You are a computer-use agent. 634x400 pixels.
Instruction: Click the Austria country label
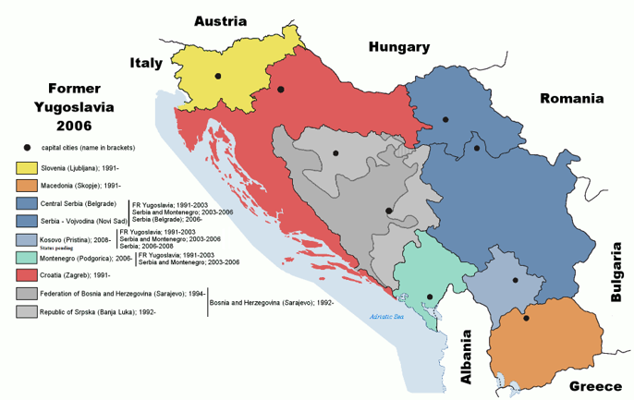220,20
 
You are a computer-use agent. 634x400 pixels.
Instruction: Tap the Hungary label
399,47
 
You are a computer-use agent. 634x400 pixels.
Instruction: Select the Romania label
571,98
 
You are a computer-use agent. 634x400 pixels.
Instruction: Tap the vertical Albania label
467,357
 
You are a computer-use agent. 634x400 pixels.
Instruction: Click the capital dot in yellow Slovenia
218,76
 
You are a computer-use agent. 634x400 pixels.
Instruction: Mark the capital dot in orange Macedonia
526,319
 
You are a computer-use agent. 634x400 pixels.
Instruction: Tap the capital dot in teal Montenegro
430,297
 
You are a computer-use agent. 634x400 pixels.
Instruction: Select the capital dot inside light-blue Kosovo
515,280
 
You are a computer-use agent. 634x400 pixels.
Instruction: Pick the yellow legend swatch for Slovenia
26,168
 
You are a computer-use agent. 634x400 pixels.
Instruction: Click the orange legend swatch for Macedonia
26,186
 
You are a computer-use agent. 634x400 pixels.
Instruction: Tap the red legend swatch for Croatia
26,274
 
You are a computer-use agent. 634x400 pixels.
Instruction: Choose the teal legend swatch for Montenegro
26,257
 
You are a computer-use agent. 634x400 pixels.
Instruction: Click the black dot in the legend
28,148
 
